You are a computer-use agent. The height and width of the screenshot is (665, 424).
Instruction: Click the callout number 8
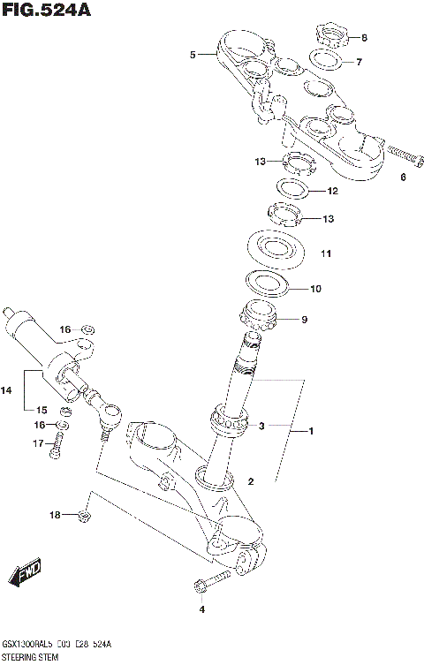pyautogui.click(x=364, y=38)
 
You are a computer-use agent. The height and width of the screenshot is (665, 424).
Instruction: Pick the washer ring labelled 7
pyautogui.click(x=328, y=60)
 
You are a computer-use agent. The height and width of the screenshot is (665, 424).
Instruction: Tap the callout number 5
pyautogui.click(x=192, y=55)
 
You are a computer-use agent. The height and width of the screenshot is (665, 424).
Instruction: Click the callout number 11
pyautogui.click(x=326, y=254)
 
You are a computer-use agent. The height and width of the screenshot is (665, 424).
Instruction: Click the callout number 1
pyautogui.click(x=310, y=431)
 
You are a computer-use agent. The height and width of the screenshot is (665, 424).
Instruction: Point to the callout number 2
pyautogui.click(x=251, y=482)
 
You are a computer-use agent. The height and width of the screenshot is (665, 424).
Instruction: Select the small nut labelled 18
pyautogui.click(x=84, y=515)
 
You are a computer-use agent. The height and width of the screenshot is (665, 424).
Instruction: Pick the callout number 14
pyautogui.click(x=6, y=388)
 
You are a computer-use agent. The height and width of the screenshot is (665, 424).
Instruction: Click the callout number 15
pyautogui.click(x=41, y=409)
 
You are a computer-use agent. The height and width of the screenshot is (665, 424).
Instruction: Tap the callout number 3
pyautogui.click(x=261, y=426)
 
